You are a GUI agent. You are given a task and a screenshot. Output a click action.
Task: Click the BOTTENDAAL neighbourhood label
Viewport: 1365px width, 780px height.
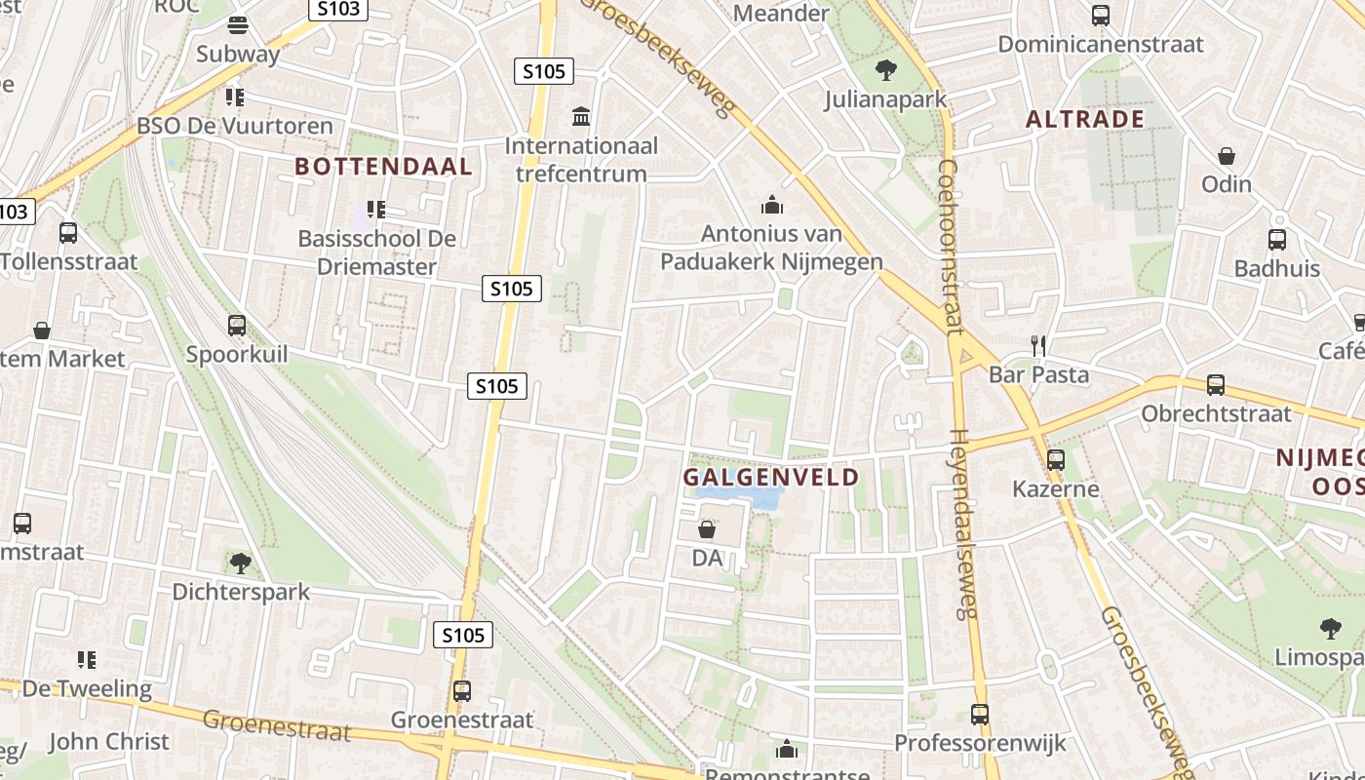tap(383, 166)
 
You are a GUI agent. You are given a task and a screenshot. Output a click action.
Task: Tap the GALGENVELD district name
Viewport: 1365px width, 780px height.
tap(770, 477)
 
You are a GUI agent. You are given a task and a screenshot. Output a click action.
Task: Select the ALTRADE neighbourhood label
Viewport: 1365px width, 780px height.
tap(1084, 119)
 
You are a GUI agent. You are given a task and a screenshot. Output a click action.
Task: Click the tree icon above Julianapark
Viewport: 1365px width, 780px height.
tap(885, 69)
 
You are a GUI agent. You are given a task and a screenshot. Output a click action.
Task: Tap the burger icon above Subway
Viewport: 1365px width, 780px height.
tap(238, 24)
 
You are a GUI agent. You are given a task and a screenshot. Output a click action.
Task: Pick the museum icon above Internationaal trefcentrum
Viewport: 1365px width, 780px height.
tap(582, 117)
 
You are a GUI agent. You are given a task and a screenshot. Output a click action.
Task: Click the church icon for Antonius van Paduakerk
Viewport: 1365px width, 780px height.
tap(772, 205)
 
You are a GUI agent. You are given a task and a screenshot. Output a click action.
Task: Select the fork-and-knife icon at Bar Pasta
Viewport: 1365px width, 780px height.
tap(1038, 345)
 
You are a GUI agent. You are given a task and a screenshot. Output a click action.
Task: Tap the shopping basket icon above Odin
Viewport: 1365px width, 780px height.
tap(1227, 155)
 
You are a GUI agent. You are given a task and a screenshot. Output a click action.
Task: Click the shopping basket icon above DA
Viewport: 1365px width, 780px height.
tap(707, 529)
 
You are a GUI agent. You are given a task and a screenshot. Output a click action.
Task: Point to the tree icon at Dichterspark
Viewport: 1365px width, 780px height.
tap(240, 563)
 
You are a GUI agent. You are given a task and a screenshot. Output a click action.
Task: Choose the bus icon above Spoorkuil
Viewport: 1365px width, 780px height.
tap(237, 326)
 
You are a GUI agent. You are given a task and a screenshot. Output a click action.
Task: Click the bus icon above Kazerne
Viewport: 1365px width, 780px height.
tap(1056, 460)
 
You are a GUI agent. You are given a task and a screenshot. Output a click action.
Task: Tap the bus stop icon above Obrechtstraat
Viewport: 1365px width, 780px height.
tap(1215, 385)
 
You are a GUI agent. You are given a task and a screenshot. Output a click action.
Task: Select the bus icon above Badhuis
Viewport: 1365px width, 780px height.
tap(1276, 240)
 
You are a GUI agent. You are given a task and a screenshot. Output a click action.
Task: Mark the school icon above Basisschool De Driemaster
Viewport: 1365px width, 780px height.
tap(376, 210)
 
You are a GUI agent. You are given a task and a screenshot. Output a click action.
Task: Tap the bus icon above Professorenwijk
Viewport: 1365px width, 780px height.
tap(980, 715)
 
